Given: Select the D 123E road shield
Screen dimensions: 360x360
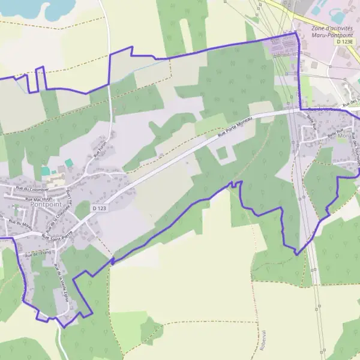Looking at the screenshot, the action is (x=345, y=42).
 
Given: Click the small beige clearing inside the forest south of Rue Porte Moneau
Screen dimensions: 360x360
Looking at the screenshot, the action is (x=223, y=154).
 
